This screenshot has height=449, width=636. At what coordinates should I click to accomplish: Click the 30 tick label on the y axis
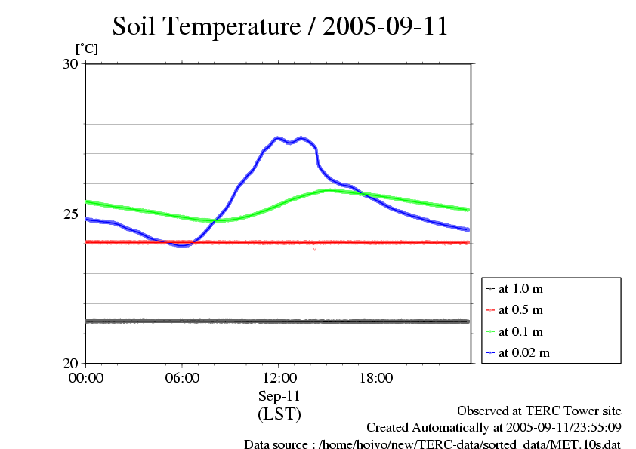[x=69, y=64]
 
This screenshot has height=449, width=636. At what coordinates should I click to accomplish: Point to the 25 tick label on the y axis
[x=69, y=214]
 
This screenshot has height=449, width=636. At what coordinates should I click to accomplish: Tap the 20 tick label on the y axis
[x=69, y=363]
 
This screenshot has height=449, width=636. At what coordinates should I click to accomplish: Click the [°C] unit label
[x=86, y=48]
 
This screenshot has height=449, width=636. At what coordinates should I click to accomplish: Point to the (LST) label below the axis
[x=279, y=414]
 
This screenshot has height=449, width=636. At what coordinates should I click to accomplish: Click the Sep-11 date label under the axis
[x=279, y=395]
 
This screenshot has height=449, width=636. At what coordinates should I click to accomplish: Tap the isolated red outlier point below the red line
[x=315, y=248]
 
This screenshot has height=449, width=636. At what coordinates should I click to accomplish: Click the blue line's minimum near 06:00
[x=182, y=246]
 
